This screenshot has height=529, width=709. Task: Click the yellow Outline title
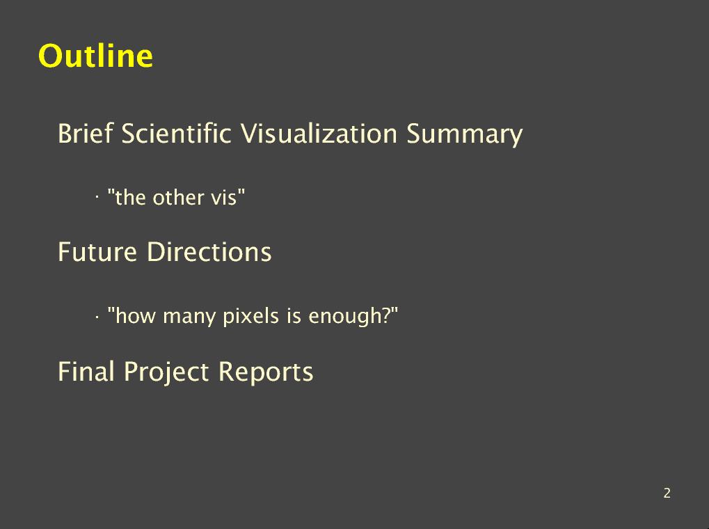[96, 56]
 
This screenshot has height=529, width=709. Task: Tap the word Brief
[85, 134]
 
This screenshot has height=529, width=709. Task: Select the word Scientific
[176, 134]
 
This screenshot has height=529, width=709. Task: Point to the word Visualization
[319, 134]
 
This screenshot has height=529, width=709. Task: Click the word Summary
[464, 134]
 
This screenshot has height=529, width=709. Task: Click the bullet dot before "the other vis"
[97, 197]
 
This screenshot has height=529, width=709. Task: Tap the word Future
[97, 251]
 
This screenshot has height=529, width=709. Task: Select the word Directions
[209, 251]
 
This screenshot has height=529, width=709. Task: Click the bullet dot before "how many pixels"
[97, 317]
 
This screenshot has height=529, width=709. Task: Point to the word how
[132, 315]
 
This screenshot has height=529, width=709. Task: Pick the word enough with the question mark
[353, 317]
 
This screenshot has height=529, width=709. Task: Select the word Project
[166, 372]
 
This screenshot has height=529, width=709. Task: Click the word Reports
[266, 372]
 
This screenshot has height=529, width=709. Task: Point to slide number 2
[667, 493]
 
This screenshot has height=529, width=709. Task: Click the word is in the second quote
[294, 315]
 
